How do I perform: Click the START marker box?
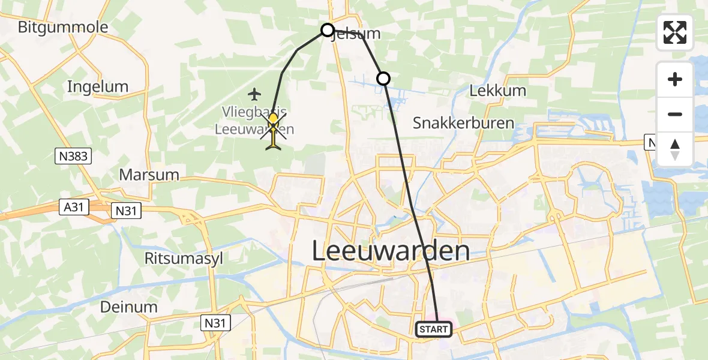(x=433, y=329)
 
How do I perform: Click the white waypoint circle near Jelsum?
(x=328, y=29)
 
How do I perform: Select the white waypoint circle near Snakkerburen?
(x=383, y=78)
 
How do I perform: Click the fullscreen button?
(x=675, y=32)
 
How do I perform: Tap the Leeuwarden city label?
(x=391, y=251)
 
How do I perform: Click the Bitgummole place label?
(x=63, y=27)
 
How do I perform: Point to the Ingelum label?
(x=98, y=86)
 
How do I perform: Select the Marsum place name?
(x=149, y=175)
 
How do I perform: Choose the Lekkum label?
(x=497, y=91)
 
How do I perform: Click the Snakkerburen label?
(x=463, y=123)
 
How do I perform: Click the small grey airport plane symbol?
(x=255, y=94)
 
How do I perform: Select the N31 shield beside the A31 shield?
(x=127, y=210)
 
